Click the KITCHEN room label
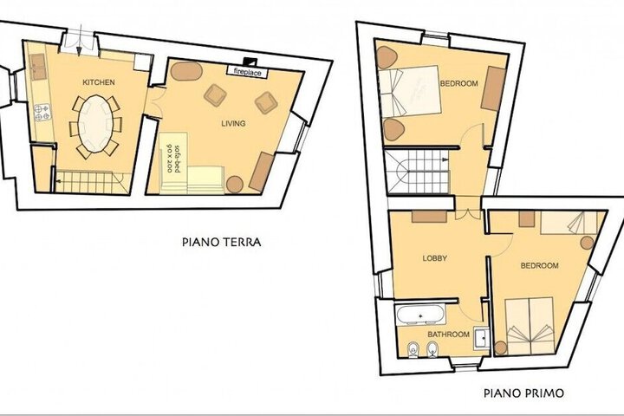pos(98,82)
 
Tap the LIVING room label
pos(233,123)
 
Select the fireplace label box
pos(247,72)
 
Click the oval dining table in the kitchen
pos(95,123)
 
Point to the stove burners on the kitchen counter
pos(42,112)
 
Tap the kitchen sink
pos(38,67)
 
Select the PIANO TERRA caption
pos(222,242)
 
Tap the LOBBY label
pos(435,258)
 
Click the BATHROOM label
pos(448,335)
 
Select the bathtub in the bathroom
pos(420,315)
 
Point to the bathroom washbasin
pos(482,338)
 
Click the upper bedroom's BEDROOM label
pos(458,83)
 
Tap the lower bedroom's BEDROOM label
pos(540,265)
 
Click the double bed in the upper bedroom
pos(410,93)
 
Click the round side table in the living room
pos(234,185)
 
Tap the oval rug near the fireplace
pos(186,71)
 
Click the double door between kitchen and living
pos(155,102)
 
